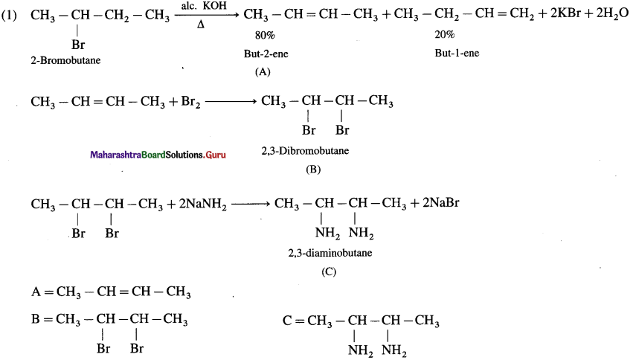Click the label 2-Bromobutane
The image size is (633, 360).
tap(65, 60)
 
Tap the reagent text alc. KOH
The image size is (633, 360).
tap(204, 6)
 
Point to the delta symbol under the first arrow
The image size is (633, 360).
tap(201, 25)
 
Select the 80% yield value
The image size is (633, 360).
tap(265, 36)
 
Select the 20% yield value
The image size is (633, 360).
tap(445, 35)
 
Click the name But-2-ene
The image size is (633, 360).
tap(266, 54)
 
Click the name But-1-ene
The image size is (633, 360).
tap(457, 53)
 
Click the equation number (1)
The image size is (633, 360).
tap(9, 16)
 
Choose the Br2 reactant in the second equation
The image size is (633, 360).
tap(190, 101)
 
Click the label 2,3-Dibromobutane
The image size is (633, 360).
tap(305, 151)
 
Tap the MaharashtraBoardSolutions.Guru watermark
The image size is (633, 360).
tap(158, 155)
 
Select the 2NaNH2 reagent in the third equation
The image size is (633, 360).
tap(202, 205)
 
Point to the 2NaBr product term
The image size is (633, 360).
tap(441, 202)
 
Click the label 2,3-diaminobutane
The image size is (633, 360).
tap(330, 253)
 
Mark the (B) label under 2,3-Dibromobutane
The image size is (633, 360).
tap(313, 170)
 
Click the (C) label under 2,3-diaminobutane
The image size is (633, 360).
tap(329, 271)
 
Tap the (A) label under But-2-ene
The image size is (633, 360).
tap(263, 72)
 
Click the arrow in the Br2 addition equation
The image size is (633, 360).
tap(231, 101)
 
